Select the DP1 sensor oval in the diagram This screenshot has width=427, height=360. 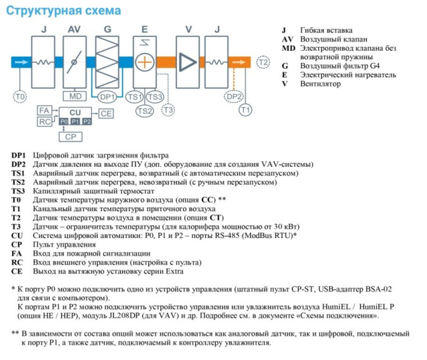click(107, 96)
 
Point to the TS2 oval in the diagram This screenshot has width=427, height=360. click(145, 110)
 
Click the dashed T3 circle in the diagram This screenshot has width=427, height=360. click(168, 110)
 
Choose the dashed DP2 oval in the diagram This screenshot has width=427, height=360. click(234, 96)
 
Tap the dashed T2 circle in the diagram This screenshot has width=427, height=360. click(262, 62)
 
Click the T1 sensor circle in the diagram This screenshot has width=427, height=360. click(245, 110)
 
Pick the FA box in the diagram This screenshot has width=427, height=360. click(44, 110)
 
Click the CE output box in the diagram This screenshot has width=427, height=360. click(106, 113)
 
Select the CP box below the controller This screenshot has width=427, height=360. click(70, 137)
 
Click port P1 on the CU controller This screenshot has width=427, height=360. click(75, 122)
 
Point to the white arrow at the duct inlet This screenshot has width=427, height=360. click(20, 62)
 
